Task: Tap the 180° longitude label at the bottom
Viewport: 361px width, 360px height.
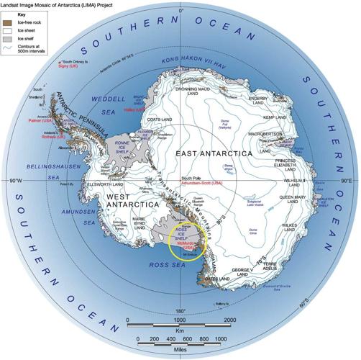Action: [x=180, y=311]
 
